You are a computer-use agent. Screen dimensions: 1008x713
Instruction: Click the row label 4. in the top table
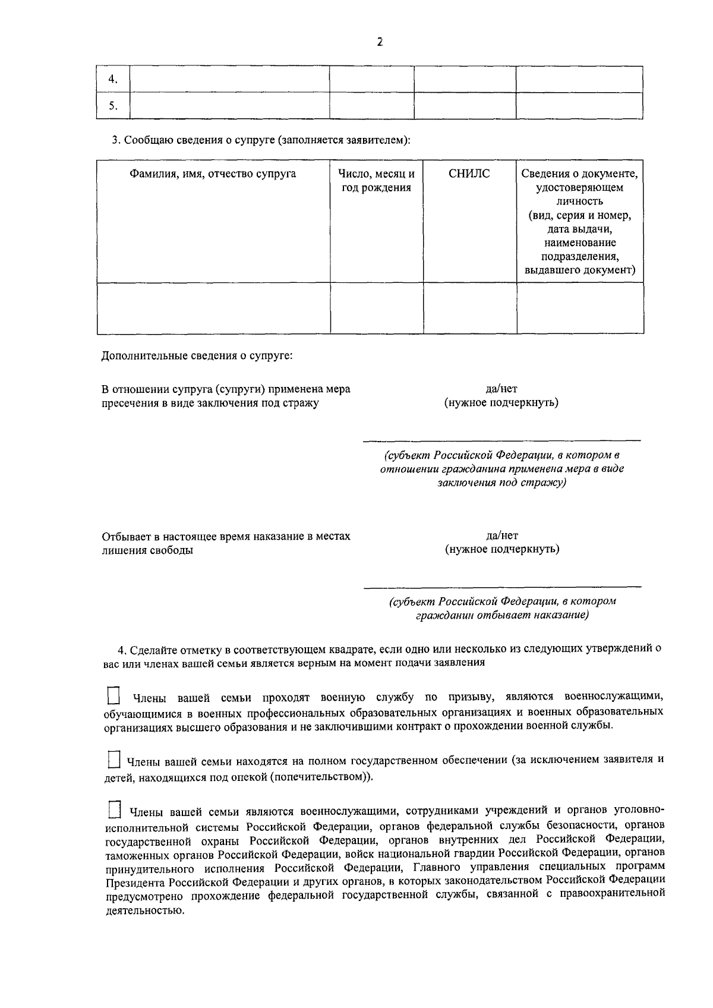112,80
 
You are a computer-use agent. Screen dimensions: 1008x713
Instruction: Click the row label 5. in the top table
112,106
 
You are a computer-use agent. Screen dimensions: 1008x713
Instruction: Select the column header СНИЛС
469,174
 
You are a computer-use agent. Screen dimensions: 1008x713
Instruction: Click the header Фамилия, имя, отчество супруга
213,174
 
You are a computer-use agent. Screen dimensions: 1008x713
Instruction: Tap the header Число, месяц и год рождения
376,181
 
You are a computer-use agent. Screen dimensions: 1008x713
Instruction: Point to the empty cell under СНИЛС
469,307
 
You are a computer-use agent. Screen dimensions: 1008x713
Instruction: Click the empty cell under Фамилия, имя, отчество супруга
213,307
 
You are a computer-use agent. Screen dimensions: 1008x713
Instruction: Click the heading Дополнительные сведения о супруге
197,357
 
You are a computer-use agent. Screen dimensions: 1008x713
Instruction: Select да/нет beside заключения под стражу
501,389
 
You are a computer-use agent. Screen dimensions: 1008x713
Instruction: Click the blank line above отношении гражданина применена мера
501,439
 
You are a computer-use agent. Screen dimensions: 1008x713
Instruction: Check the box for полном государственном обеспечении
113,760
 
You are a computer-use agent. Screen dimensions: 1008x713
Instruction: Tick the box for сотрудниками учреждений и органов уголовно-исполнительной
113,810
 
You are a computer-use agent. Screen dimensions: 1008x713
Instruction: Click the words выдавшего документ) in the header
580,270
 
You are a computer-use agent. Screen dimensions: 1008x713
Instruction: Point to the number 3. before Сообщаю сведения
116,141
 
